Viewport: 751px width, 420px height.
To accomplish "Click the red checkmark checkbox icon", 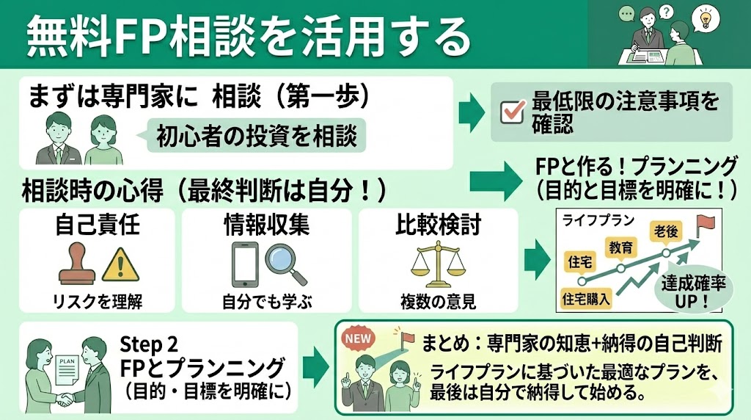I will point(510,112).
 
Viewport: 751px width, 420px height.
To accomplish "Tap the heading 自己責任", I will point(97,225).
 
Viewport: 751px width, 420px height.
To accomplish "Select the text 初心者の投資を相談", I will point(256,136).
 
